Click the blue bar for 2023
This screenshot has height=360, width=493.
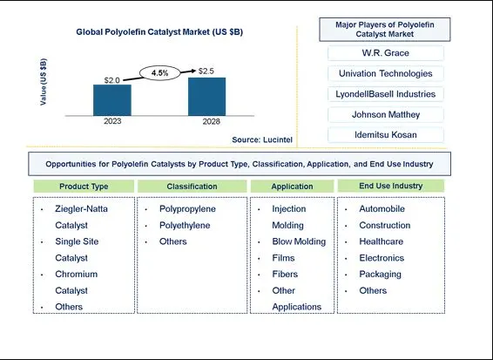(112, 100)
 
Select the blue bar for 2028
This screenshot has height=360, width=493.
(207, 97)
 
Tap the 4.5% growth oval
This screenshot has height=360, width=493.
(160, 73)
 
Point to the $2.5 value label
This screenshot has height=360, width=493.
(206, 71)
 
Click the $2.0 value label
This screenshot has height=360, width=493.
(112, 80)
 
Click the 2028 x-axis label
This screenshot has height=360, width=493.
(212, 122)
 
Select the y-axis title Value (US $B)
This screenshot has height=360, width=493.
(44, 82)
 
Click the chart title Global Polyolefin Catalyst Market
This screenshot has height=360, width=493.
(159, 31)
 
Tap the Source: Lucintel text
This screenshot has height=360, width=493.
(262, 139)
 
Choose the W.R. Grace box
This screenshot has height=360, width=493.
(386, 53)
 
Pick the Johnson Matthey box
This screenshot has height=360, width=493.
(386, 114)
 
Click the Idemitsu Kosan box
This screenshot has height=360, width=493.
(386, 135)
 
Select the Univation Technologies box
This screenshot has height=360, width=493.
(386, 73)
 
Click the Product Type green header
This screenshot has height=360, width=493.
(84, 187)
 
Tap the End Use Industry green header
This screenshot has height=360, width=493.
(391, 186)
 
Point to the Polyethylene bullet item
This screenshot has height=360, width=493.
(185, 225)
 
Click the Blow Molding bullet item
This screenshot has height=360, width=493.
(299, 241)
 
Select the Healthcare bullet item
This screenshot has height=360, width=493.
(381, 241)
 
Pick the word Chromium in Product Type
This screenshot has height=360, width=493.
(77, 274)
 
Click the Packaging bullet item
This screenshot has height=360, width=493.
(380, 275)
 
